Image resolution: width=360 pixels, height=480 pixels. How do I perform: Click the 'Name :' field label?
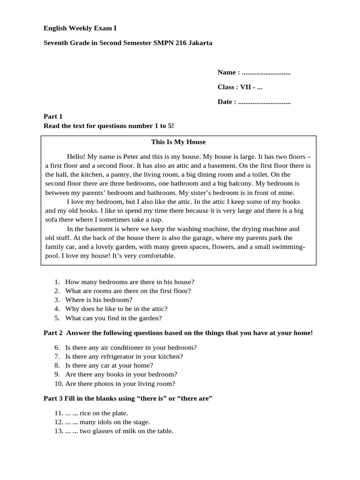pyautogui.click(x=229, y=72)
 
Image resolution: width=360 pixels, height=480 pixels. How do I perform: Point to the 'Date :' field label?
pyautogui.click(x=227, y=102)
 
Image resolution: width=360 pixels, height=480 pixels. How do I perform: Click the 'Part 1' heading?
pyautogui.click(x=53, y=116)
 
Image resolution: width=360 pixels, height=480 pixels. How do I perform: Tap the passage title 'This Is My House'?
pyautogui.click(x=178, y=142)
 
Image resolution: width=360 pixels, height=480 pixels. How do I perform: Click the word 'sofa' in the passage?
pyautogui.click(x=52, y=219)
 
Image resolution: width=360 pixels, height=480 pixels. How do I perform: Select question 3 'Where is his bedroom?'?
pyautogui.click(x=98, y=300)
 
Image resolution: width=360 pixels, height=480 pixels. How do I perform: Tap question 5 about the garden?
pyautogui.click(x=113, y=318)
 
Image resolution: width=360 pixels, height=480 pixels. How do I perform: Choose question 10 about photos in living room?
pyautogui.click(x=120, y=383)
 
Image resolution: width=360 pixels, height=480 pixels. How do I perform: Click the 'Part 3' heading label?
pyautogui.click(x=53, y=398)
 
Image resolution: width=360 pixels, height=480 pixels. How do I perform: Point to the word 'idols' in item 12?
pyautogui.click(x=107, y=422)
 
